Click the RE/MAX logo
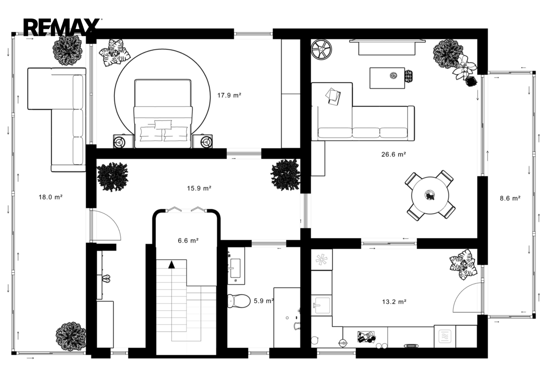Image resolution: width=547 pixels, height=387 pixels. pos(63,27)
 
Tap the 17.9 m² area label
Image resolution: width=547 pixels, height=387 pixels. pos(229,95)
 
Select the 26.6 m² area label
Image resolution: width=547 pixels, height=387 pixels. pos(394,154)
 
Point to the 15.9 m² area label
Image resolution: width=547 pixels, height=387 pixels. pos(199,188)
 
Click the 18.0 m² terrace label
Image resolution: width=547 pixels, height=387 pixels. pos(51,197)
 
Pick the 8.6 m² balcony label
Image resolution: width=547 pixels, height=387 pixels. pos(510,199)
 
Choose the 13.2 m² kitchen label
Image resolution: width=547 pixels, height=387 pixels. pos(394,302)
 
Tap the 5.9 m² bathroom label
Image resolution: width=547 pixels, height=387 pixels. pos(264,301)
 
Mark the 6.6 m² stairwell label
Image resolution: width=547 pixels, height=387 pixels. pos(188,241)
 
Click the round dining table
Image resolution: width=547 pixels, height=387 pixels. pos(430,195)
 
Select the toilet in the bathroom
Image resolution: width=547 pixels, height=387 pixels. pos(239,301)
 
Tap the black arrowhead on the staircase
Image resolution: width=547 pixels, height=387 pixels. pos(172,264)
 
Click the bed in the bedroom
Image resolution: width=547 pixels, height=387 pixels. pos(163,114)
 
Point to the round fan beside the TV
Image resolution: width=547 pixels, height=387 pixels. pos(321,49)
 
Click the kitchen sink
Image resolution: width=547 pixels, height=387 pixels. pos(321,305)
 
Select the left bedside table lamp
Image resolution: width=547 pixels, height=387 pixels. pos(119,141)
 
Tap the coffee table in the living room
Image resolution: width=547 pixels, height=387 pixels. pos(387,78)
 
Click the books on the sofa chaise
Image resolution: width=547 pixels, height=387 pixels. pos(333,97)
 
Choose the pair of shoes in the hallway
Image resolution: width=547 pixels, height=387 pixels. pos(106,279)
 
